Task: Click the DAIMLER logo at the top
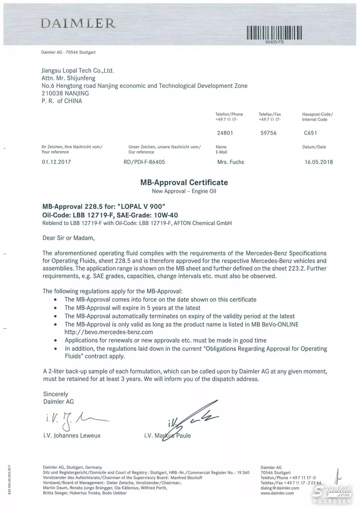click(x=78, y=23)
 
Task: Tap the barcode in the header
click(x=274, y=33)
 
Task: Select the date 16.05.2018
click(x=319, y=162)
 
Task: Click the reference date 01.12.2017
click(x=56, y=162)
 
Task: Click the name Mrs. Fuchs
click(x=230, y=162)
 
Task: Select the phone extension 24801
click(x=225, y=133)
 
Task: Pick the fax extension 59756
click(x=268, y=133)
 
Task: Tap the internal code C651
click(x=310, y=133)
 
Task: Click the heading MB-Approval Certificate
click(x=184, y=182)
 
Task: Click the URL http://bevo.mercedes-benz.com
click(x=109, y=332)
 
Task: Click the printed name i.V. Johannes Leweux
click(x=72, y=436)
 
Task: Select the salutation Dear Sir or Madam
click(x=68, y=238)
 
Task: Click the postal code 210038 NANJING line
click(x=65, y=93)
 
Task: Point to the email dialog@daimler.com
click(x=280, y=488)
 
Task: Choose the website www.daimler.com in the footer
click(x=277, y=493)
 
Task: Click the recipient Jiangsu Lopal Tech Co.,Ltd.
click(x=78, y=71)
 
